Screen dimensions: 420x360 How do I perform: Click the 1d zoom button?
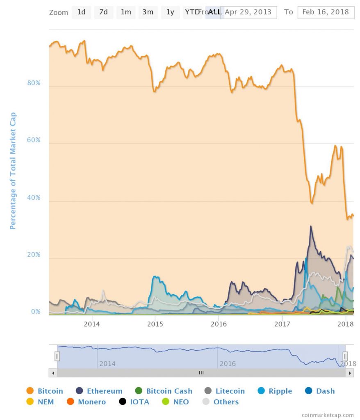(x=82, y=12)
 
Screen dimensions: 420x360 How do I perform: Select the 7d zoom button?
(x=104, y=12)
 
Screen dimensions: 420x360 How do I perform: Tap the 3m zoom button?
(x=148, y=12)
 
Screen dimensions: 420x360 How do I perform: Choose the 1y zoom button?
(x=170, y=12)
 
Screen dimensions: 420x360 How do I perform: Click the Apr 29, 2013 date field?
(x=248, y=12)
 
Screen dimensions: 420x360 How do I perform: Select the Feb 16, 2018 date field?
(x=326, y=12)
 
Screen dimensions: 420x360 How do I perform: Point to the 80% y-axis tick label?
(x=34, y=83)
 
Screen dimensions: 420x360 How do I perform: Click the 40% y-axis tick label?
(x=34, y=197)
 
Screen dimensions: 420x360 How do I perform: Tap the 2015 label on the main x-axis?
(x=155, y=324)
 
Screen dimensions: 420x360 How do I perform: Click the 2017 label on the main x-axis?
(x=282, y=324)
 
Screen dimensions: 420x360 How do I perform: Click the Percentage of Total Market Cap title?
(x=13, y=171)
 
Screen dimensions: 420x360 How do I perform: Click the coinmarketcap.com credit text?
(x=327, y=415)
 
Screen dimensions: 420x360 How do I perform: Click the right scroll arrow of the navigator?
(x=350, y=373)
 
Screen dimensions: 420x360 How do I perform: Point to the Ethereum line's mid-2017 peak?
(x=311, y=226)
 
